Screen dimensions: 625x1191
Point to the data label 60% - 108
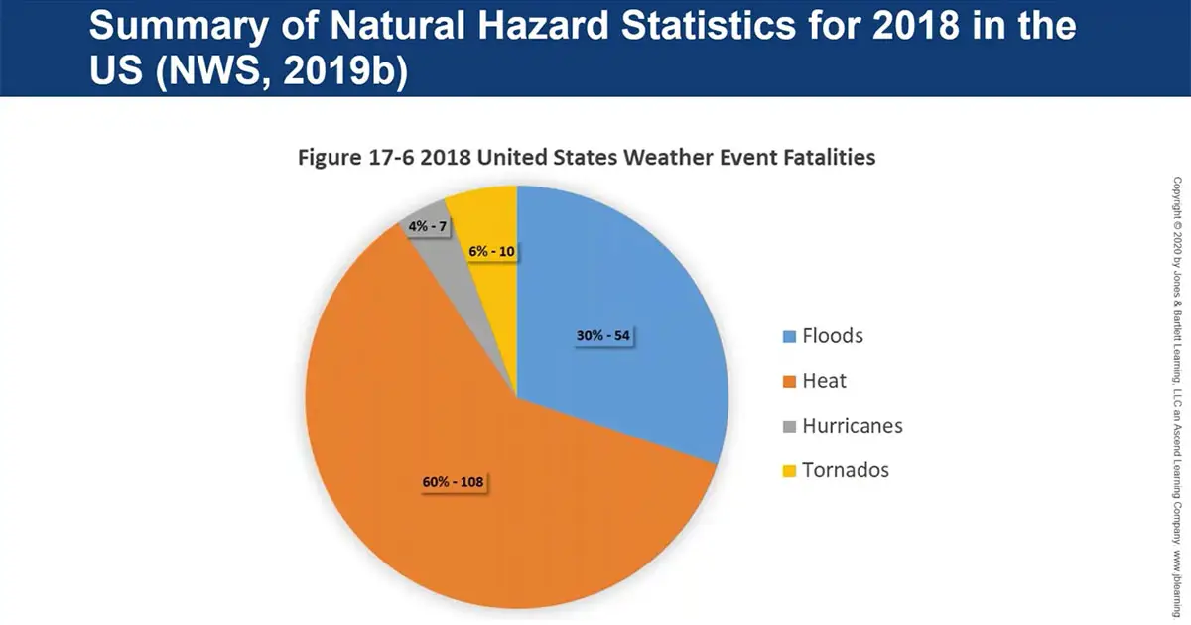point(453,483)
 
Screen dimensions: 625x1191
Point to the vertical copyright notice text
point(1177,397)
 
